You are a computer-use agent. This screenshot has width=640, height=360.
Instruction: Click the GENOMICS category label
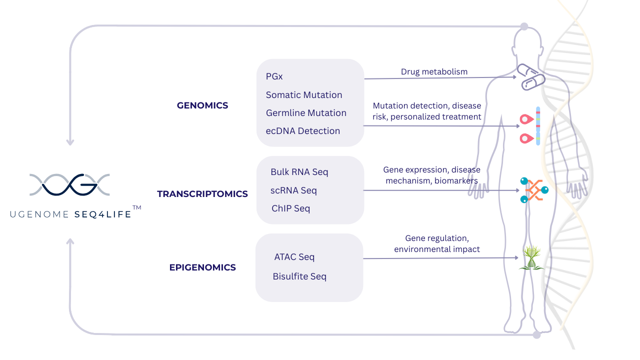tap(202, 105)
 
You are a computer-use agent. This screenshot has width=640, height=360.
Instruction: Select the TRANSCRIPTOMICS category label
tap(202, 194)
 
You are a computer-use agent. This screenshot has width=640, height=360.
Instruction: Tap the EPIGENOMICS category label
tap(202, 267)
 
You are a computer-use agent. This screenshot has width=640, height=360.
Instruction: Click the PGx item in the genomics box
tap(274, 76)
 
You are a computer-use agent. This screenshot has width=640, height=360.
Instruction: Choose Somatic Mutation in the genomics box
tap(304, 95)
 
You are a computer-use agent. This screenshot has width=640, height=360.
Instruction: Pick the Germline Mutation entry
tap(306, 113)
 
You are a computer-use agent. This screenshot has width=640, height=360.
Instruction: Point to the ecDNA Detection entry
tap(303, 131)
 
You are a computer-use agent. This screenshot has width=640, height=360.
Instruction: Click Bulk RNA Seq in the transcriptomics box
tap(299, 172)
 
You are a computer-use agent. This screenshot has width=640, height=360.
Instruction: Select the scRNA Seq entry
tap(293, 190)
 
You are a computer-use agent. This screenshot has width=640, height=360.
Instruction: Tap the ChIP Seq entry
tap(290, 208)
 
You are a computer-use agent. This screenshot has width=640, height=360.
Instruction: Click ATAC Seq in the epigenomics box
tap(294, 257)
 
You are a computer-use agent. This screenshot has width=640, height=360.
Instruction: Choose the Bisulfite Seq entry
tap(299, 276)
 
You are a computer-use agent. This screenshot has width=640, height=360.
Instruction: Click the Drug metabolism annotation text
tap(434, 71)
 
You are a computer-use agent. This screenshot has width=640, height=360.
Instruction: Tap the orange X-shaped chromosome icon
tap(533, 190)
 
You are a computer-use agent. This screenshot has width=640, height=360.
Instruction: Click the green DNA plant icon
tap(530, 257)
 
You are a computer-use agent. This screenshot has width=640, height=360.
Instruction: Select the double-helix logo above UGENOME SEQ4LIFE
tap(69, 184)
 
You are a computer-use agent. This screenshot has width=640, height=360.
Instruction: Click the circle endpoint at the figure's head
tap(524, 26)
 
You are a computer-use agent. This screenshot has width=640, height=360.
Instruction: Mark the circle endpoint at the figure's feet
tap(536, 334)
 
